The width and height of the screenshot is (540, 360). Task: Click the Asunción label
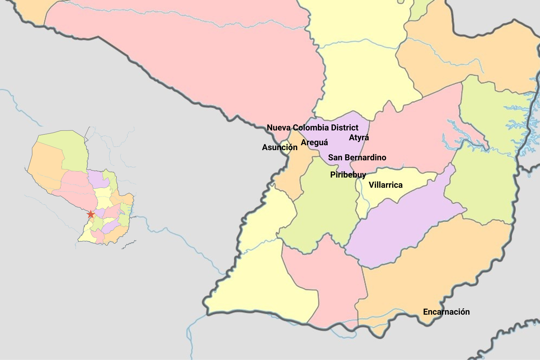pos(279,147)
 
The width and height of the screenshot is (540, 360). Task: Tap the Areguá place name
pos(314,142)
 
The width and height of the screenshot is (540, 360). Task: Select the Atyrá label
pos(359,137)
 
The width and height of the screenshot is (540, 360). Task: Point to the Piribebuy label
pos(348,175)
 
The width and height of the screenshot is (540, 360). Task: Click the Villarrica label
pos(385,185)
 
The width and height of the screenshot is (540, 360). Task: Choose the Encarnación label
pos(446,312)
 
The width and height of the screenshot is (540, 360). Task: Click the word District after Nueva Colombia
pos(345,127)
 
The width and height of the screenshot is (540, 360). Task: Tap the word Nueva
pos(278,127)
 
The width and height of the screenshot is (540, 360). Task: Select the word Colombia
pos(311,127)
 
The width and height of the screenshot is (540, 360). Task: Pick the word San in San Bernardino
pos(335,157)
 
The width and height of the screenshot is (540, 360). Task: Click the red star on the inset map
pos(91,214)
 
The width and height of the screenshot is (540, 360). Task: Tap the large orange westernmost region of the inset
pos(46,169)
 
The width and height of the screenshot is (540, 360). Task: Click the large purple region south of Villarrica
pos(401,229)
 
